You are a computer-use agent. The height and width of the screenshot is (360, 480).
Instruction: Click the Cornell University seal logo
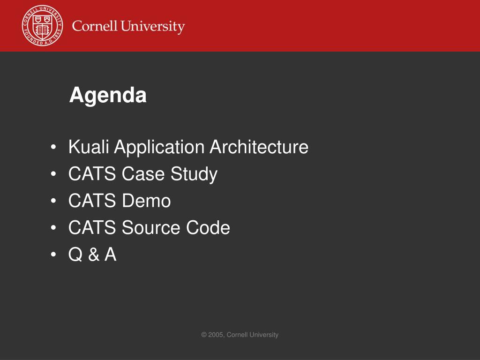coord(43,25)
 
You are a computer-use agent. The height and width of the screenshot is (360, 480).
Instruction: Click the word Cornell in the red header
coord(95,26)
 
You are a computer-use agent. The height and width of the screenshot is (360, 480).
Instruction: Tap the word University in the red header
coord(153,27)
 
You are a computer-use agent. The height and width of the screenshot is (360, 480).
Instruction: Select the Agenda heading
coord(108,95)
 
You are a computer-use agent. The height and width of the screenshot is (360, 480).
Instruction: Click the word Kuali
coord(89,147)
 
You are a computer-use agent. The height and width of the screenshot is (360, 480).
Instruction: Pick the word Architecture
coord(259,147)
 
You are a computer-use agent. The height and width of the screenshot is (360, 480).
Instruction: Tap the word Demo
coord(146,201)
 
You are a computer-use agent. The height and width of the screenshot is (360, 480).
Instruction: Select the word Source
coord(151,228)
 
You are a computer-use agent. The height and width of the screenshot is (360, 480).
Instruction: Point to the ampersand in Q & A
coord(94,255)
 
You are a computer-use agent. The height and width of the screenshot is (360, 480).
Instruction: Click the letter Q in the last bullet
coord(75,255)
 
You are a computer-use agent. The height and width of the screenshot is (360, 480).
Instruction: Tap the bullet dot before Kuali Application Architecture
coord(53,147)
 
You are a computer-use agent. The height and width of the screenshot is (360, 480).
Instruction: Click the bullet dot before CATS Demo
coord(53,201)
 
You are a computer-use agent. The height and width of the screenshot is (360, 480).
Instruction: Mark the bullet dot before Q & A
coord(53,255)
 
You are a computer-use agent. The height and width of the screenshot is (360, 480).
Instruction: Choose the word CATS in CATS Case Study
coord(92,174)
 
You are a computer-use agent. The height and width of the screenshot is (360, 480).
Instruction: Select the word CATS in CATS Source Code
coord(92,228)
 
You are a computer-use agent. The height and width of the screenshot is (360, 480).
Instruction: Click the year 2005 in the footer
coord(216,335)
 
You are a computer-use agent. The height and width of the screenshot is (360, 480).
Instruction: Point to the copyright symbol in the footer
coord(204,335)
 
